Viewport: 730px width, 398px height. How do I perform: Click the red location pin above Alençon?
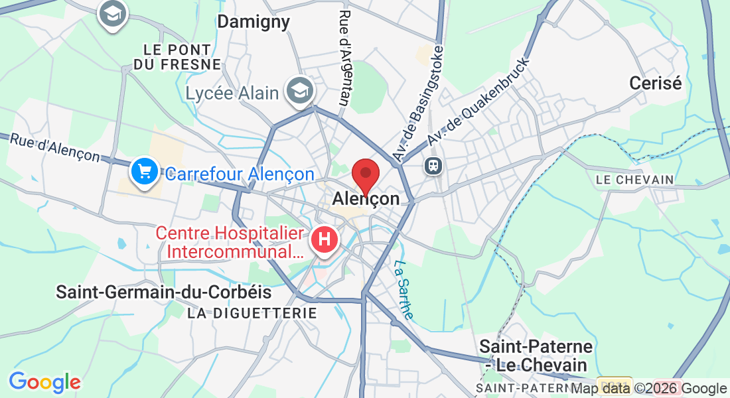365,174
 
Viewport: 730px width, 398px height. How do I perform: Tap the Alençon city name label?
366,198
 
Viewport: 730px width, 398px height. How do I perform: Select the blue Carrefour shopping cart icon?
143,172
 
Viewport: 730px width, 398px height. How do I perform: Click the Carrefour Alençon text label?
239,174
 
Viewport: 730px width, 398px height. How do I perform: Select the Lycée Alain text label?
232,93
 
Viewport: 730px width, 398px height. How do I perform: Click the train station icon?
433,165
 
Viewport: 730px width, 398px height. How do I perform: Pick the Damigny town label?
254,22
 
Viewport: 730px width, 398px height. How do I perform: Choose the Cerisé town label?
656,84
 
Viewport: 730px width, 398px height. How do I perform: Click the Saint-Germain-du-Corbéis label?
164,292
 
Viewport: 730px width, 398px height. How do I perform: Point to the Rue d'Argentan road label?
344,58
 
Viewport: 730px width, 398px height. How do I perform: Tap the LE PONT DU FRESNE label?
177,56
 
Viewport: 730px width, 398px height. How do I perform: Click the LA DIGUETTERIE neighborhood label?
252,312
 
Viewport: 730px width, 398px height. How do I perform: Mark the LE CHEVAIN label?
634,180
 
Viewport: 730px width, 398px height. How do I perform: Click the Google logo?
44,382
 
